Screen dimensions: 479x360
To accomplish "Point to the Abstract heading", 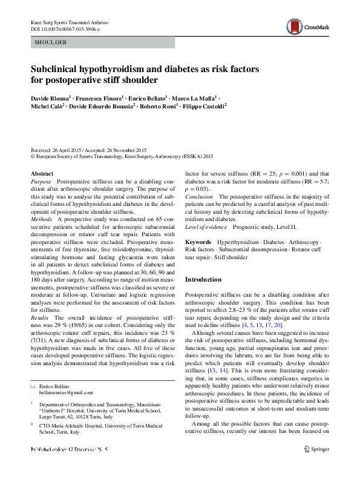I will coord(42,174).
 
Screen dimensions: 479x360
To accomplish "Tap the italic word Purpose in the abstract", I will coord(41,181).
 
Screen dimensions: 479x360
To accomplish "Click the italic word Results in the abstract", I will coord(41,317).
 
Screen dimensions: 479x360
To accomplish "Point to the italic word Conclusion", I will coord(199,196).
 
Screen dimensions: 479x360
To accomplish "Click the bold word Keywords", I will coord(198,242).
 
